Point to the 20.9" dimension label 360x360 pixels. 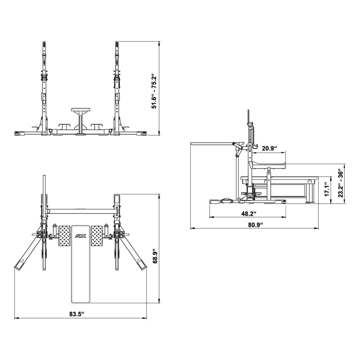pyautogui.click(x=269, y=148)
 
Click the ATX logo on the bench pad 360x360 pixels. pyautogui.click(x=80, y=236)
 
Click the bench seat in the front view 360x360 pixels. pyautogui.click(x=80, y=110)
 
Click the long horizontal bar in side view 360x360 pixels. pyautogui.click(x=211, y=144)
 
